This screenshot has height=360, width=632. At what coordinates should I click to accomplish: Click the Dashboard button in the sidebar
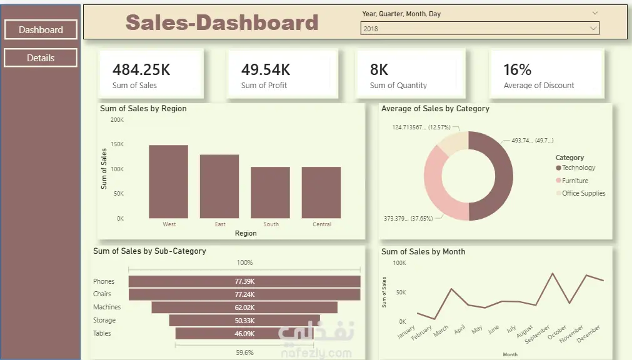click(x=41, y=29)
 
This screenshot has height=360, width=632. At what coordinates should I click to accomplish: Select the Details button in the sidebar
click(x=41, y=58)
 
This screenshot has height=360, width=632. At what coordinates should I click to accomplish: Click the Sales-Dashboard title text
click(x=222, y=22)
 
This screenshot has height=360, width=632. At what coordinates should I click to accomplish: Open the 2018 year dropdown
click(x=479, y=28)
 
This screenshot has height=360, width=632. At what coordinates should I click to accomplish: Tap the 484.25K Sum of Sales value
click(x=141, y=69)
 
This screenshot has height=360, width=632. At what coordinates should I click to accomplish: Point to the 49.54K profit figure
click(x=266, y=69)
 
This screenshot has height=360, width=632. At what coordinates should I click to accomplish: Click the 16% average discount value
click(x=518, y=69)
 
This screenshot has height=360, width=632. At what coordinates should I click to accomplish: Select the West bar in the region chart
click(x=168, y=181)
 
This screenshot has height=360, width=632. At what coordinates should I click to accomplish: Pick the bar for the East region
click(x=219, y=186)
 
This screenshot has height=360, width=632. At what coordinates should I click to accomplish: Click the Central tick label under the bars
click(x=322, y=224)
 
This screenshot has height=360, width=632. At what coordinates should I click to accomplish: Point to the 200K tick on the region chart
click(x=117, y=119)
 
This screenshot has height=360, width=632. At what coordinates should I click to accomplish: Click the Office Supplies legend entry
click(x=583, y=194)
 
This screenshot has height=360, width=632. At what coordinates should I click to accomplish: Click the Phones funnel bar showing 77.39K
click(x=244, y=281)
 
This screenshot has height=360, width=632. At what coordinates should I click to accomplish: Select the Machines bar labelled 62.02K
click(x=244, y=307)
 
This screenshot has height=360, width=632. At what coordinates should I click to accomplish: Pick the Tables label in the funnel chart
click(x=102, y=334)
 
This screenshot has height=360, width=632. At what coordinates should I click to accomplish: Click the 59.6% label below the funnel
click(x=244, y=352)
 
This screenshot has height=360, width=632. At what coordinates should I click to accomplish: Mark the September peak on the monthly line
click(x=553, y=273)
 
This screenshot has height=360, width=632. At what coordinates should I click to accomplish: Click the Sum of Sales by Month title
click(x=423, y=252)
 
